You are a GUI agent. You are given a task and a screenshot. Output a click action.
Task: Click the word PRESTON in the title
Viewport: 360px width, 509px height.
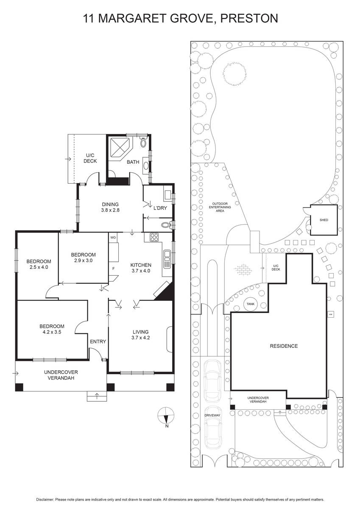pyautogui.click(x=249, y=18)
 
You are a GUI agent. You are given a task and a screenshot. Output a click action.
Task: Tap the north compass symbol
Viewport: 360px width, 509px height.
pyautogui.click(x=166, y=416)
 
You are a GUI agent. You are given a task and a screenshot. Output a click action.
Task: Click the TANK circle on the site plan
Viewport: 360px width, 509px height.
pyautogui.click(x=251, y=304)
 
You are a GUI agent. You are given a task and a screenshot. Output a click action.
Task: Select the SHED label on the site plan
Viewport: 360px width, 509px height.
pyautogui.click(x=324, y=220)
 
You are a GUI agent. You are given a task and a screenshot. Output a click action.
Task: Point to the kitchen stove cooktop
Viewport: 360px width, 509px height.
pyautogui.click(x=154, y=237)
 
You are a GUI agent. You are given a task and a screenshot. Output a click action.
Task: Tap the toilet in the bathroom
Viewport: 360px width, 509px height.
pyautogui.click(x=143, y=142)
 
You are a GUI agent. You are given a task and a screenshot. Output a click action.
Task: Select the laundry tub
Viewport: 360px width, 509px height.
pyautogui.click(x=167, y=195)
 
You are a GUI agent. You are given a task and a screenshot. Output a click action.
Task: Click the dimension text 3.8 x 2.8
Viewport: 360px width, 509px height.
pyautogui.click(x=110, y=210)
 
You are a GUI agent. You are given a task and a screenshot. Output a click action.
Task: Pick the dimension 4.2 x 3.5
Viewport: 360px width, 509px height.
pyautogui.click(x=52, y=332)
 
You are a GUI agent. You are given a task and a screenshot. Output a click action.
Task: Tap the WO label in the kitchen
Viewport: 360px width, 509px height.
pyautogui.click(x=113, y=238)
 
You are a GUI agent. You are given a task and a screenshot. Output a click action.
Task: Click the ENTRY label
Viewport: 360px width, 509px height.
pyautogui.click(x=98, y=341)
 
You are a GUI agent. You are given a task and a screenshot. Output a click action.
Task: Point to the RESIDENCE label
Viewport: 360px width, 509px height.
pyautogui.click(x=284, y=346)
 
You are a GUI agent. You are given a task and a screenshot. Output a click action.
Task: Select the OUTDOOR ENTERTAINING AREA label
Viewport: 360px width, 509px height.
pyautogui.click(x=220, y=207)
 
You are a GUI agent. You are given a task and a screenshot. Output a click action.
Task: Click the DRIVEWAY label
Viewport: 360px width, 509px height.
pyautogui.click(x=212, y=415)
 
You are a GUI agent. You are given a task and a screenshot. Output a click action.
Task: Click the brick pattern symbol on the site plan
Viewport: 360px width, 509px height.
pyautogui.click(x=243, y=269)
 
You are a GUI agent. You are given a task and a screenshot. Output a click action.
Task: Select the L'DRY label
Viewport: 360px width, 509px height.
pyautogui.click(x=160, y=208)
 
